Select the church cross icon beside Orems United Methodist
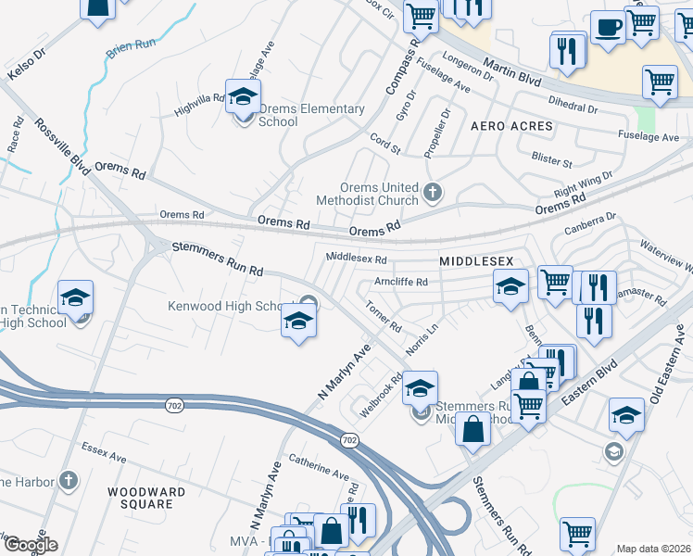[x=432, y=193]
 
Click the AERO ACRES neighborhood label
[x=511, y=125]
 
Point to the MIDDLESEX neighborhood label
[x=476, y=262]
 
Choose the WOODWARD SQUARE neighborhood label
[x=140, y=498]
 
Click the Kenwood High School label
[x=225, y=307]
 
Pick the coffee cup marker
[x=608, y=27]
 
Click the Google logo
[x=30, y=545]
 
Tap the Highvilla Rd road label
[x=199, y=104]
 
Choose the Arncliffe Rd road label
[x=400, y=282]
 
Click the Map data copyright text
[x=653, y=549]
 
